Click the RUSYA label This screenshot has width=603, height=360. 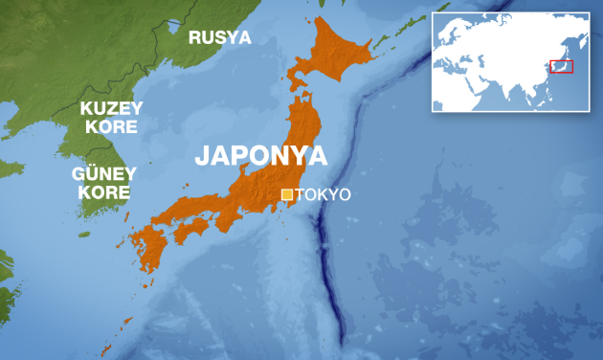point(219,38)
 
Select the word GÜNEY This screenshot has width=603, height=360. point(104,174)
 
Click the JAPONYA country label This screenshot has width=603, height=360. point(260,156)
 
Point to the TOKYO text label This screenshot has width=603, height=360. point(324,195)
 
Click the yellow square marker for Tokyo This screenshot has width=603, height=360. point(287,194)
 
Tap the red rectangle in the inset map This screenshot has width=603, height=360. point(562,66)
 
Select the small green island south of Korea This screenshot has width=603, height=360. point(84,234)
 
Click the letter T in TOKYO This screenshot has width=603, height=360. point(301,195)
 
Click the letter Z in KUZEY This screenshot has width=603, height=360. point(113,108)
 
